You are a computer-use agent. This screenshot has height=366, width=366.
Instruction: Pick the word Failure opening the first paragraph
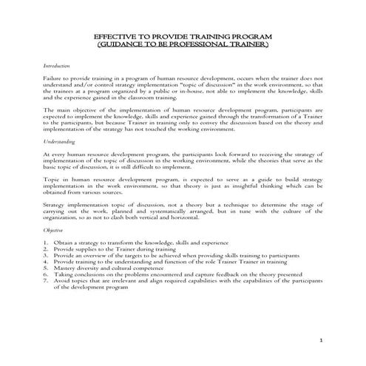click(x=54, y=78)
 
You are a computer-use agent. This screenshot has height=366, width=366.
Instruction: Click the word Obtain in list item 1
click(x=64, y=242)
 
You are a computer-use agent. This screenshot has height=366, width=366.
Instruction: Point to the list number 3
click(x=46, y=255)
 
